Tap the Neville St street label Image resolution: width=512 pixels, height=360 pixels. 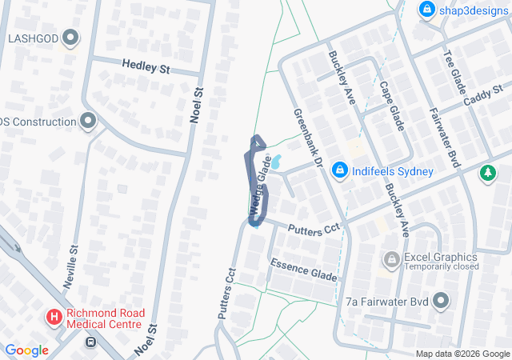(75, 261)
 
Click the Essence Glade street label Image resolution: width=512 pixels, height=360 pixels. (303, 270)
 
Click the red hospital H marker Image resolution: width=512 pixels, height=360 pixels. (54, 318)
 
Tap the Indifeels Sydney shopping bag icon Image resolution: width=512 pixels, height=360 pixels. (340, 171)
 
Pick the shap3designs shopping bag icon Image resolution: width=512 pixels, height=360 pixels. (427, 10)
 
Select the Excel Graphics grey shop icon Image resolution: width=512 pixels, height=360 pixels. (392, 258)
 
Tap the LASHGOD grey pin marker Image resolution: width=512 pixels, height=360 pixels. (71, 38)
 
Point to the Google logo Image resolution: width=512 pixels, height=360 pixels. (26, 350)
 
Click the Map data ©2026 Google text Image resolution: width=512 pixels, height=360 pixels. (462, 354)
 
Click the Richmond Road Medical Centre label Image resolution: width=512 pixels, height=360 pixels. (104, 318)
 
